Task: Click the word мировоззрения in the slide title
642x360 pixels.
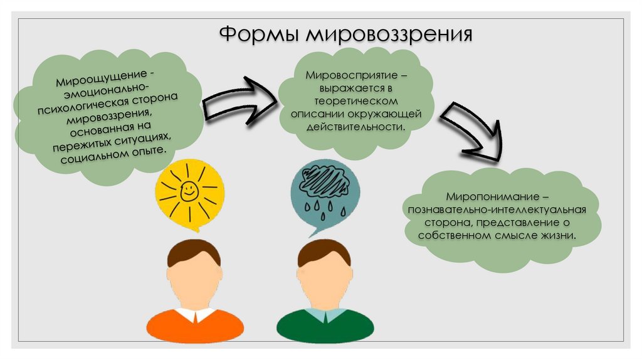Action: (389, 34)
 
